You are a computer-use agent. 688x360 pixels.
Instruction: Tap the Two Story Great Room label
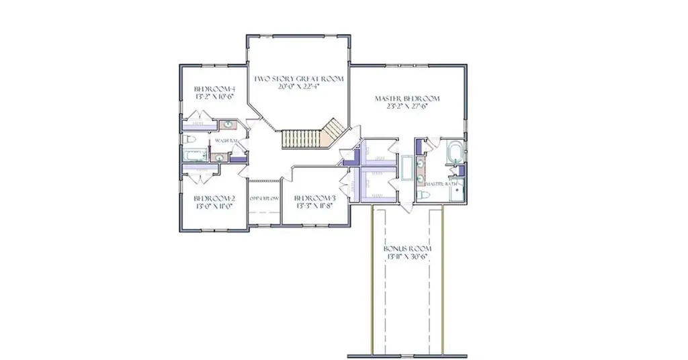click(298, 79)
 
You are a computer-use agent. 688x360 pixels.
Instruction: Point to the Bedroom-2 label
click(214, 198)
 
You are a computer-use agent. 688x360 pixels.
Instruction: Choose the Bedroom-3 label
click(314, 198)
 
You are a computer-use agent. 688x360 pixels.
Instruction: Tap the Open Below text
click(264, 199)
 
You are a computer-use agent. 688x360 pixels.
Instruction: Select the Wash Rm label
click(228, 140)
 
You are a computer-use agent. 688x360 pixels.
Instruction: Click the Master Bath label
click(441, 183)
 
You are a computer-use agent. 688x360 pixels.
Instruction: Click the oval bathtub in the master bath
click(455, 150)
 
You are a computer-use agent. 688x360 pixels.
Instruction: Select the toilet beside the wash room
click(189, 140)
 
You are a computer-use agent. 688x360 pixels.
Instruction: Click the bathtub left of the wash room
click(195, 156)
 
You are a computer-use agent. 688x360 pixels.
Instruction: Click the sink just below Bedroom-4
click(228, 124)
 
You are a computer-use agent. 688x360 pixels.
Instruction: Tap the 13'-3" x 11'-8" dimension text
click(314, 206)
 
